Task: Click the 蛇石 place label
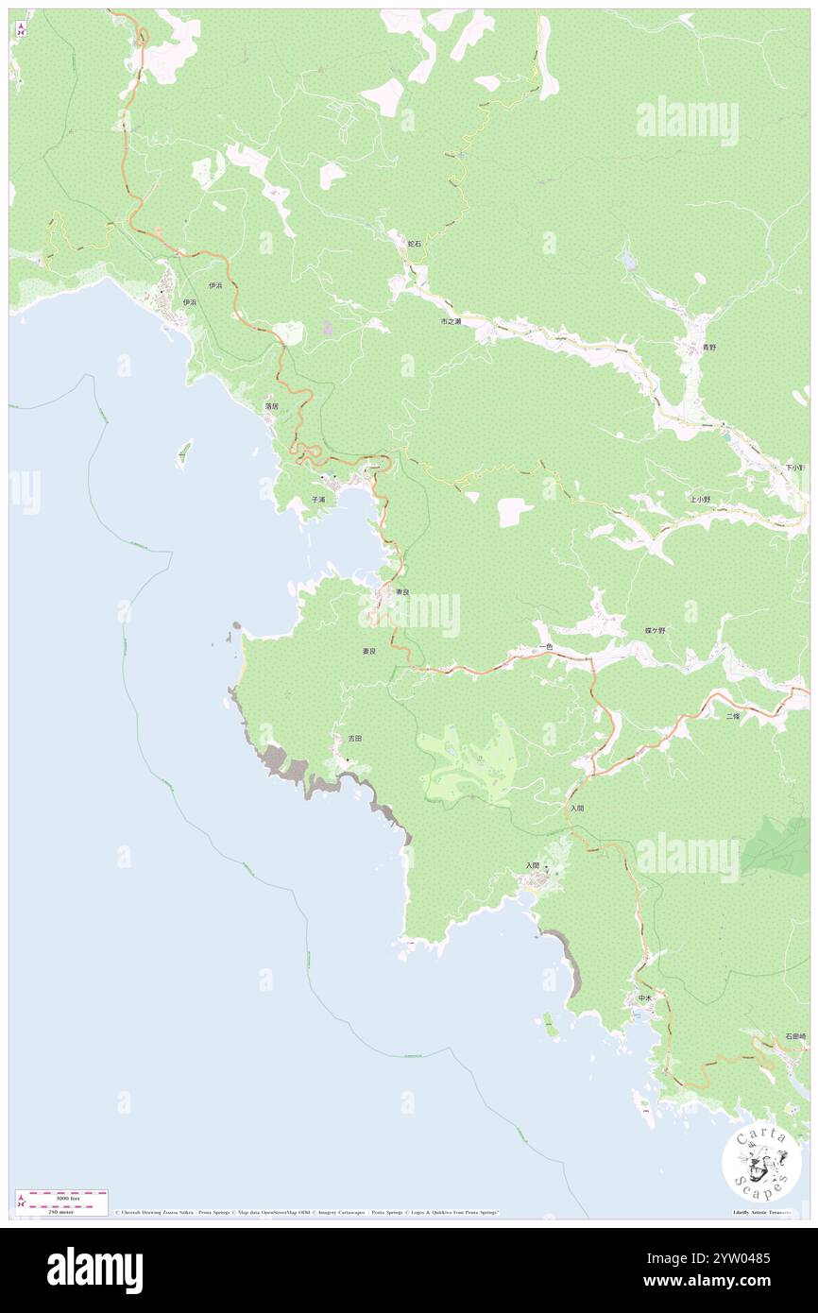click(x=414, y=244)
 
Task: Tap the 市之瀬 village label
click(x=451, y=321)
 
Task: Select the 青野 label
click(x=708, y=348)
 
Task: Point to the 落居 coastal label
click(x=271, y=405)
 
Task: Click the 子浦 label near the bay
click(x=318, y=499)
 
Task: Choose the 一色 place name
click(x=545, y=646)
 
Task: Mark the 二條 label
click(x=733, y=717)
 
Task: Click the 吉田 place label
click(x=354, y=737)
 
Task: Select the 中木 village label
click(x=644, y=998)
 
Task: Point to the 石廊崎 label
click(x=795, y=1036)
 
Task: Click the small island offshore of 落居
click(x=184, y=454)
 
